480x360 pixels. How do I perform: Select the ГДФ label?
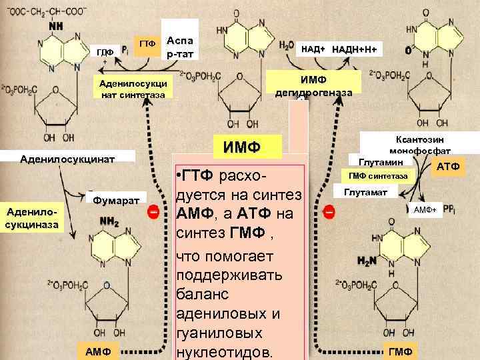click(x=105, y=51)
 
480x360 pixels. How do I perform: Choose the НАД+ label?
click(x=313, y=49)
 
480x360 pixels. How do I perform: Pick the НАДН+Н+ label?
click(x=353, y=49)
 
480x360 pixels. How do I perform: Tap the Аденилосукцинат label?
click(x=67, y=159)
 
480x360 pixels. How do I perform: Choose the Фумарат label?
click(x=116, y=199)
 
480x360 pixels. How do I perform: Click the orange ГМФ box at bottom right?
click(x=401, y=351)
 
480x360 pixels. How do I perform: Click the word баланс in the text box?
click(x=201, y=293)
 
